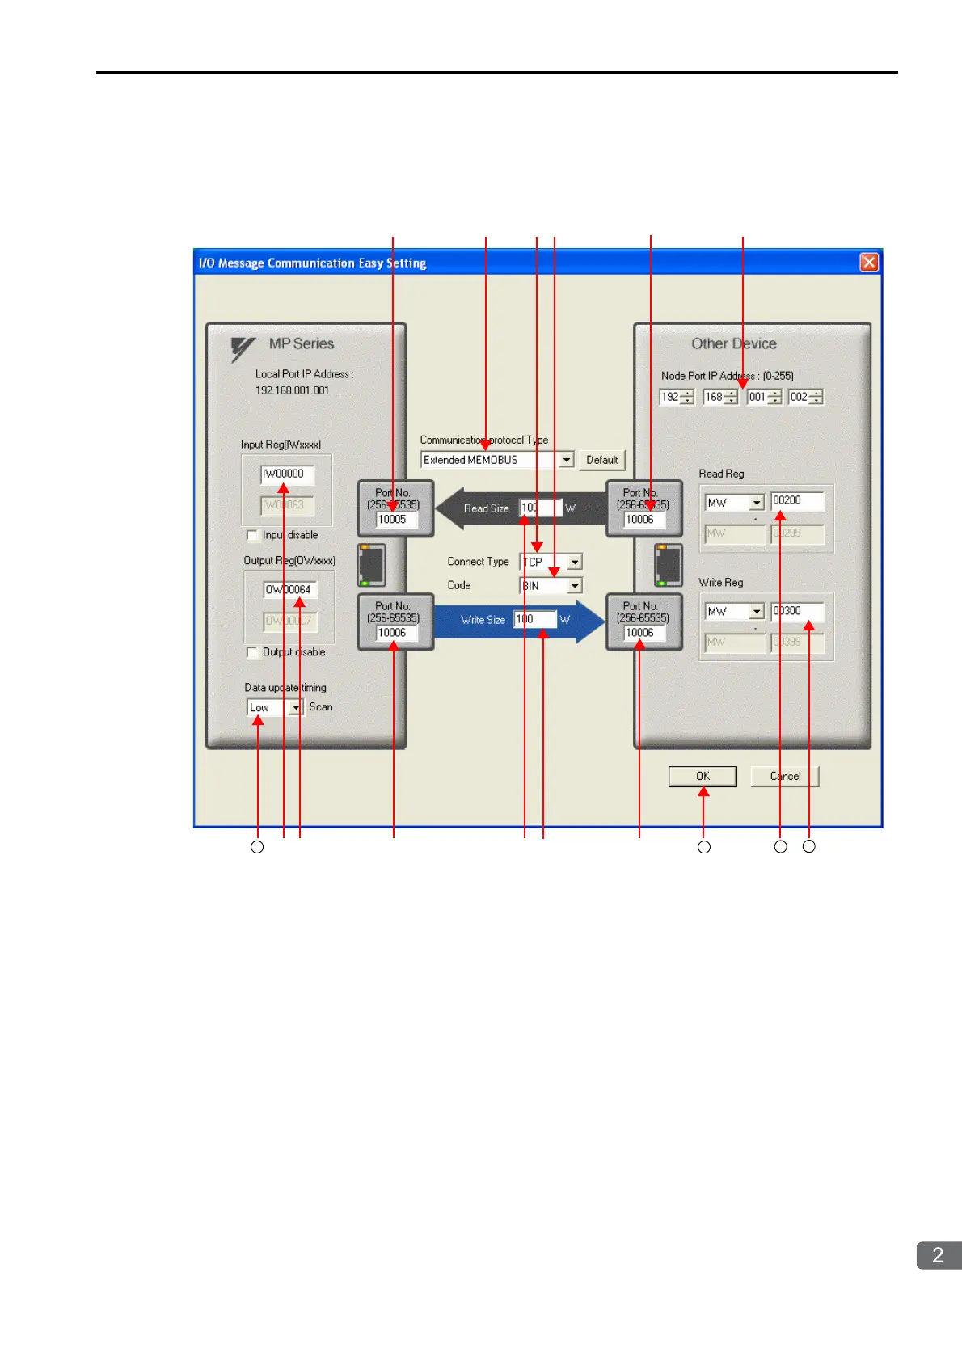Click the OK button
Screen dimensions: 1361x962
(x=703, y=777)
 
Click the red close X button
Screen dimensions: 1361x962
(x=869, y=262)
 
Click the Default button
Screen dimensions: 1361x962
(x=601, y=460)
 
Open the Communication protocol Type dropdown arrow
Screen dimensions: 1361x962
(x=567, y=460)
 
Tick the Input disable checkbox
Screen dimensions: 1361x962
(x=252, y=536)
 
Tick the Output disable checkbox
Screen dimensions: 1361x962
(x=252, y=652)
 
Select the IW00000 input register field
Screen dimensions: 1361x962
(x=286, y=474)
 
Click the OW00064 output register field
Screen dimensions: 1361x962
(x=289, y=590)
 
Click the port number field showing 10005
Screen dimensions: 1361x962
(x=396, y=520)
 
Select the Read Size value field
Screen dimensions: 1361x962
(x=539, y=508)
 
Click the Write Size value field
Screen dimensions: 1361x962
(x=534, y=620)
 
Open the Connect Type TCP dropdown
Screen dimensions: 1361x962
(x=575, y=562)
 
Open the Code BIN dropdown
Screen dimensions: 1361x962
(x=575, y=585)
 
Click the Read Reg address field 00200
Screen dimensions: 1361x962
(x=797, y=501)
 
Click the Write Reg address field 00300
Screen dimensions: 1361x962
(x=797, y=612)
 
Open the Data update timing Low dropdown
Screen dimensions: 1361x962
(x=296, y=708)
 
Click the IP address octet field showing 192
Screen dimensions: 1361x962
(x=670, y=397)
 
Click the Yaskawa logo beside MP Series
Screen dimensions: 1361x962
(x=243, y=348)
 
